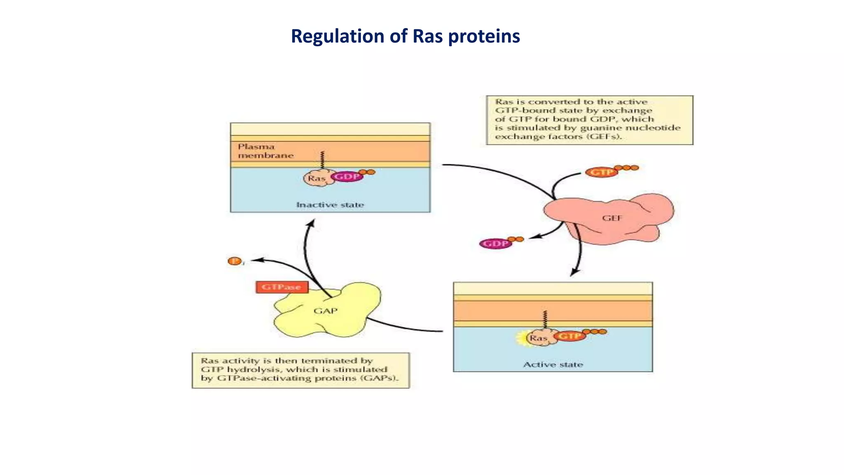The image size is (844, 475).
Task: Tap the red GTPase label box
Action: tap(282, 287)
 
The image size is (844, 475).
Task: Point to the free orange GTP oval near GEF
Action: tap(601, 172)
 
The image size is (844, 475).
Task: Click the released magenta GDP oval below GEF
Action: tap(495, 244)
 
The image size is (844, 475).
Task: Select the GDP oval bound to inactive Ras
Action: tap(347, 177)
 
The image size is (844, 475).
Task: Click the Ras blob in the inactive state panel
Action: tap(316, 179)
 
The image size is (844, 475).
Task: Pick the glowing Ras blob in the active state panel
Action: tap(538, 338)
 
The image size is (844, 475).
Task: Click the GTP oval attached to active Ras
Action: tap(569, 336)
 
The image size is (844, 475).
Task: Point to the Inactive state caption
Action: tap(330, 205)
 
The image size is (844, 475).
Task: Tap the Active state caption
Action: tap(553, 364)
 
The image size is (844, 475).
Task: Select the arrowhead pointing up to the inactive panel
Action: tap(312, 223)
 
